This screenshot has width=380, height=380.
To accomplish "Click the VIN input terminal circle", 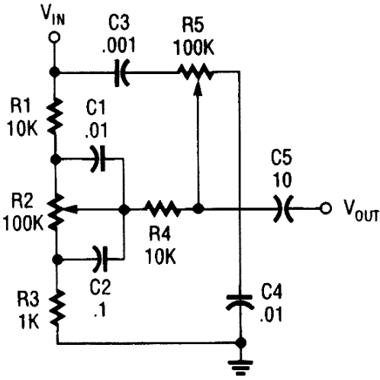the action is pos(54,37).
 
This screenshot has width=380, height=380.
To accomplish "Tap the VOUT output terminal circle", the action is pos(326,208).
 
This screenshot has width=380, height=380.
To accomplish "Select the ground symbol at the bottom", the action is pos(240,367).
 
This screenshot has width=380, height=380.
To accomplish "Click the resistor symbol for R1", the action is pos(55,116).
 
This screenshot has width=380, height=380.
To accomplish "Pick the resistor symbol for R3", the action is pos(57,308).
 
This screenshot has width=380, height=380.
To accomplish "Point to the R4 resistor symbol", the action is pos(163,208).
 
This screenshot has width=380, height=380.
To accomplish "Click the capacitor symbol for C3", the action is pos(121,73).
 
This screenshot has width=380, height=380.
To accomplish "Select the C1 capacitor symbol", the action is pos(98,159).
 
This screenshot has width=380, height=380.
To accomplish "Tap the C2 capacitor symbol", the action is pos(100,259).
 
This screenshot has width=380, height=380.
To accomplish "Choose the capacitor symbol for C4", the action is pos(240,302).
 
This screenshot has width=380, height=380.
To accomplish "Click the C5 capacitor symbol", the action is pos(283,208).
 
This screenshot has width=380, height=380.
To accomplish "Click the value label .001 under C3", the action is pos(119,45).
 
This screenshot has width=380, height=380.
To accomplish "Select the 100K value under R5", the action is pos(194,47).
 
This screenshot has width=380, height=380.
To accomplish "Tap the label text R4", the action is pos(159,234).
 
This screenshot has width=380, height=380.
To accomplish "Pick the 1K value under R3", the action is pos(28,322).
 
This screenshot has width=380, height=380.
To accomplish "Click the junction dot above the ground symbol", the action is pos(240,343).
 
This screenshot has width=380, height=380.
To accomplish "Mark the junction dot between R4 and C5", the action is pos(198,208).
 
